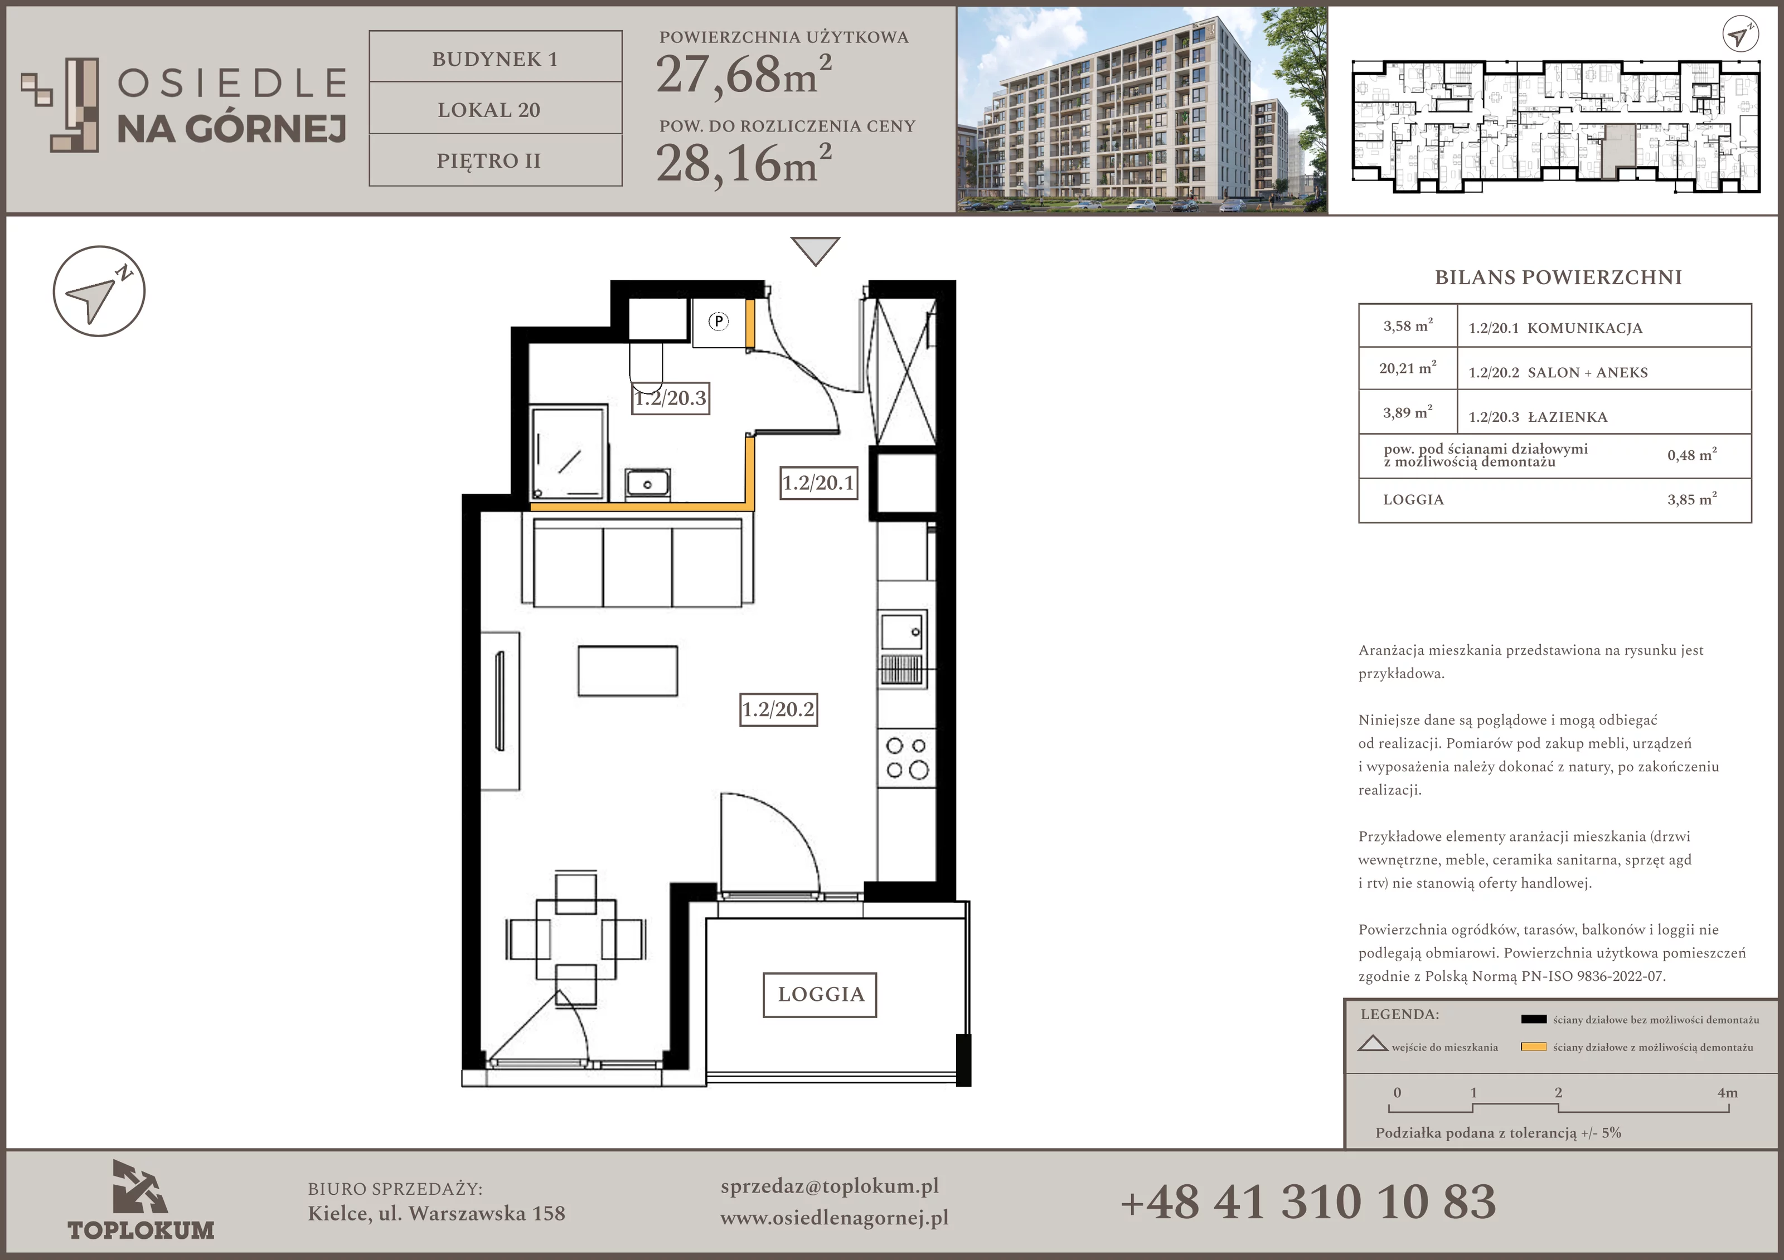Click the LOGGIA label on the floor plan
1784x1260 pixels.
(821, 994)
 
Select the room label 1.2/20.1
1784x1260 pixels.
(819, 483)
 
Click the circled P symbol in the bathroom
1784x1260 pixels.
(719, 321)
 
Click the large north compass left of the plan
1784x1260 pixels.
(99, 291)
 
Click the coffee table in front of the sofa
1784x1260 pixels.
(628, 671)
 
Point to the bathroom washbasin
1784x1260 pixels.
(647, 483)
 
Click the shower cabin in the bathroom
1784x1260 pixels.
(568, 452)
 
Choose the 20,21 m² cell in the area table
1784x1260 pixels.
(1408, 368)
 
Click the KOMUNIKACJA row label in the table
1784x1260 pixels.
(1585, 328)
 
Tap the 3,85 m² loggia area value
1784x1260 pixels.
(1693, 499)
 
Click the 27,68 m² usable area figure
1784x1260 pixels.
(744, 75)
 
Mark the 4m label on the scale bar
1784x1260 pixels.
(1727, 1093)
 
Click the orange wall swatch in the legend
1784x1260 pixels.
(1534, 1047)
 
